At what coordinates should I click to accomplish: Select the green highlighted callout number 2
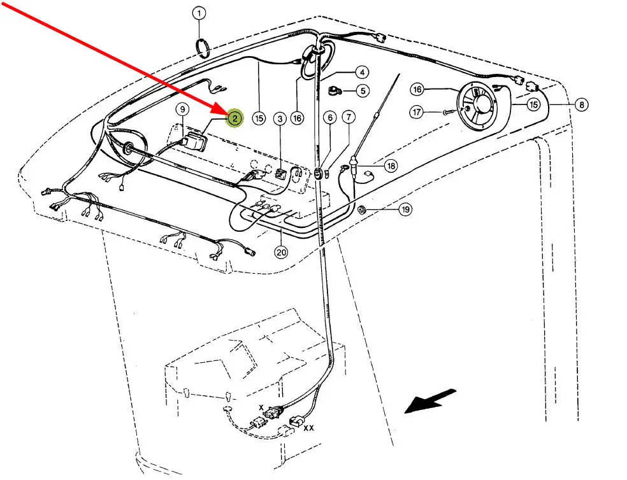point(234,118)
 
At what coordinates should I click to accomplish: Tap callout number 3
point(279,118)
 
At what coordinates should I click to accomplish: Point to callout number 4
point(361,73)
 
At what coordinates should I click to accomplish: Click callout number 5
point(361,90)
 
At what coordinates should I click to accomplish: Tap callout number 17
point(417,112)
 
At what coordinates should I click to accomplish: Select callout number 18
point(390,166)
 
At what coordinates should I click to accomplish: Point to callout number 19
point(405,209)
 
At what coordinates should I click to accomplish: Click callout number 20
point(281,252)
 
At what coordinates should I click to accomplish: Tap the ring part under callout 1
point(202,48)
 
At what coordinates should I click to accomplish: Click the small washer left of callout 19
point(363,209)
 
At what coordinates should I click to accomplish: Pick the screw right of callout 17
point(447,112)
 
